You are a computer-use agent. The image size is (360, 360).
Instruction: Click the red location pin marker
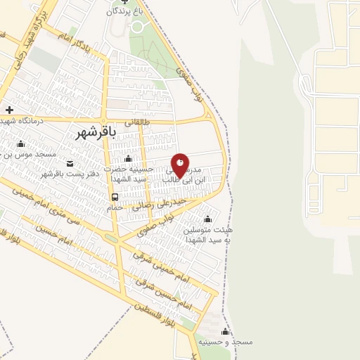click(180, 165)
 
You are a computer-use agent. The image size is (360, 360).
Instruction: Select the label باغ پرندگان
click(124, 11)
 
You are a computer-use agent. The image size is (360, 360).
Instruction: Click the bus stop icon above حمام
click(115, 197)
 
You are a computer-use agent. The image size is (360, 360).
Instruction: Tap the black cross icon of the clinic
click(9, 110)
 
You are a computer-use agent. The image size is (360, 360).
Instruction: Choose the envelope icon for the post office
click(69, 164)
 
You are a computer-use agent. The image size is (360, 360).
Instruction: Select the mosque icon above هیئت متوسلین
click(207, 218)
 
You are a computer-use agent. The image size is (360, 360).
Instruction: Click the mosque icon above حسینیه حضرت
click(127, 158)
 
